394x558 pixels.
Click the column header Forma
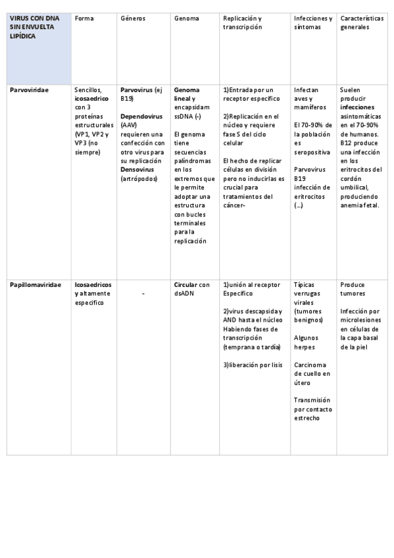click(84, 18)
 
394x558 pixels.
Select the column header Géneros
click(134, 18)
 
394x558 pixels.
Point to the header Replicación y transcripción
click(246, 23)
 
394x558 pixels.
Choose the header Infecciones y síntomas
click(313, 23)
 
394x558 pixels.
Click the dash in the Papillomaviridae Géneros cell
click(143, 293)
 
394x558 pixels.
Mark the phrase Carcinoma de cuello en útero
click(312, 373)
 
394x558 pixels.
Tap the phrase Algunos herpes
click(308, 342)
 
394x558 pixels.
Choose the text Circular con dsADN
click(192, 289)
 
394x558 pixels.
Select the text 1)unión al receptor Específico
click(252, 289)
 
